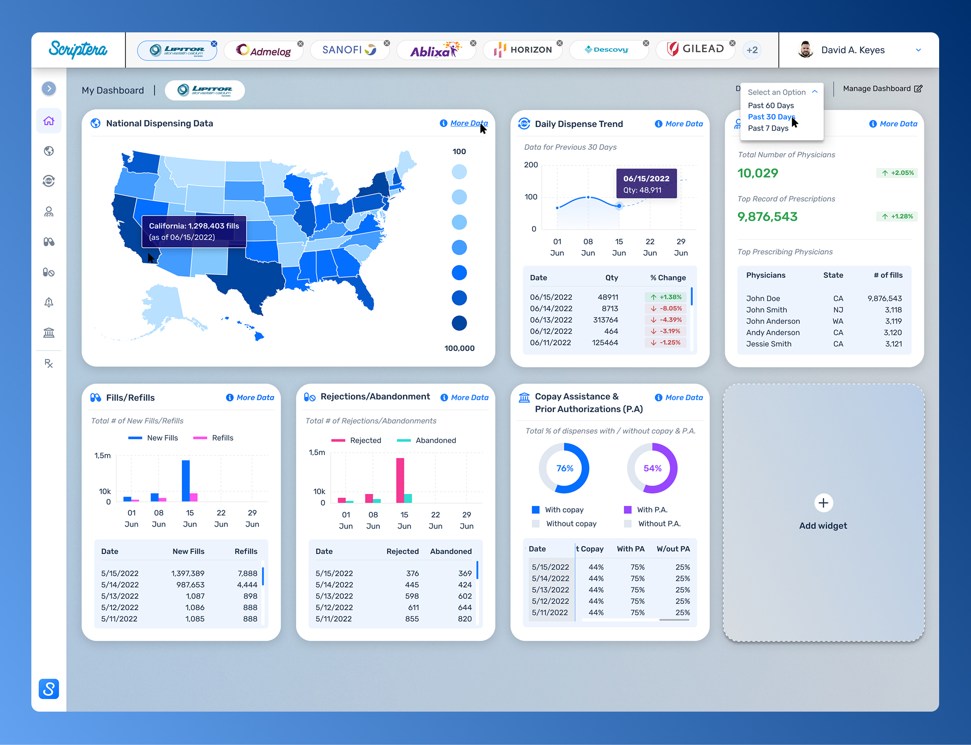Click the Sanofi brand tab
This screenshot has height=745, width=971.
[x=349, y=50]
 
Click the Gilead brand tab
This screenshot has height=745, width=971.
[x=695, y=50]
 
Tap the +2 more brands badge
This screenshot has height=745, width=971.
[x=752, y=50]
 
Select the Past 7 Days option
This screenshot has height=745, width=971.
[x=768, y=128]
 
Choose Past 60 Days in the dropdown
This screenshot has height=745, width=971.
[x=771, y=106]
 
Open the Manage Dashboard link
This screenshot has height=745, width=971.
[x=882, y=89]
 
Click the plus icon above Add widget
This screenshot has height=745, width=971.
[x=823, y=503]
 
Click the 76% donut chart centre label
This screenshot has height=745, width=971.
[x=564, y=468]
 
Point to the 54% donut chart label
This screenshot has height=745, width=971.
[x=652, y=468]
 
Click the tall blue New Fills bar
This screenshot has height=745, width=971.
[x=186, y=480]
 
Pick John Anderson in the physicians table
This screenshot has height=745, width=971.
[x=773, y=321]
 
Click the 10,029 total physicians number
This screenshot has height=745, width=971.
[x=758, y=173]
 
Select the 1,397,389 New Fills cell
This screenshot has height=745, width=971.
[x=188, y=574]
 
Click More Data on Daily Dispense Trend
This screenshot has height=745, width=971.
[x=684, y=124]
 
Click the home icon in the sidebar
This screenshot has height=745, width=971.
[x=49, y=121]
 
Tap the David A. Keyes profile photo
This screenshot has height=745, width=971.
[x=805, y=50]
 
